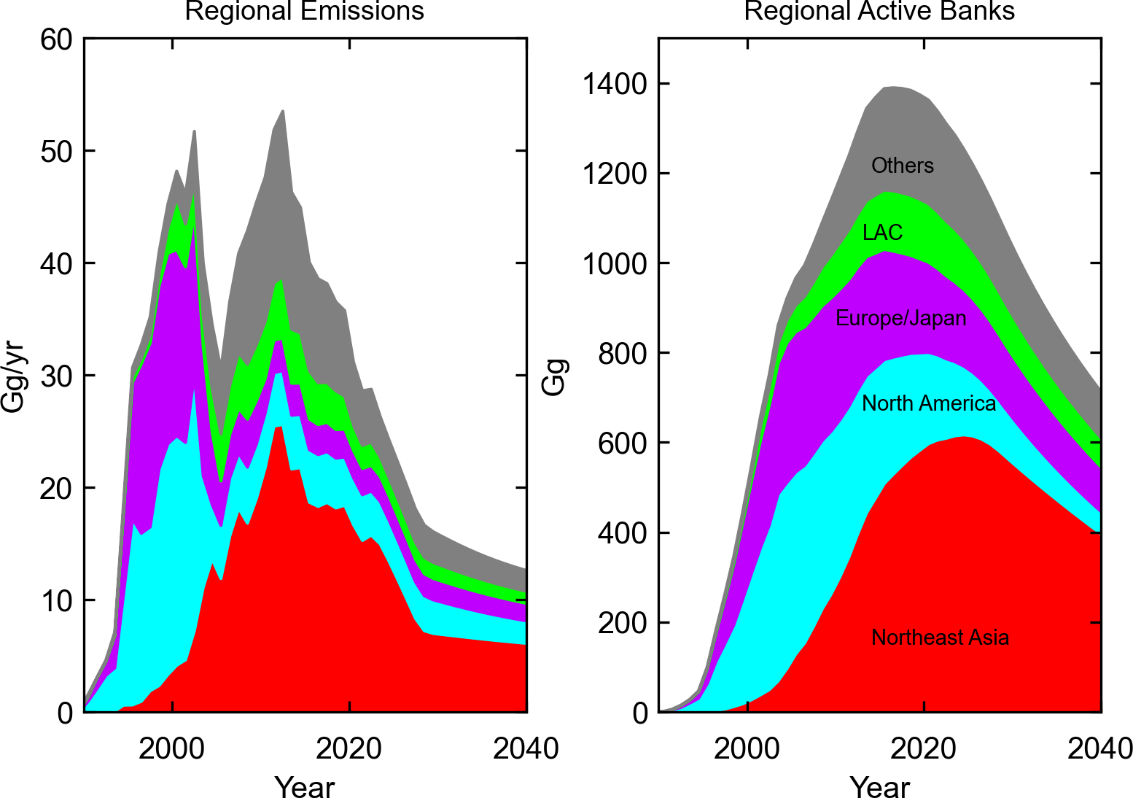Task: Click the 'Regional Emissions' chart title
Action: tap(304, 11)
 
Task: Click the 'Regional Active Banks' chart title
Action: tap(879, 11)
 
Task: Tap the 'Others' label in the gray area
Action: tap(903, 166)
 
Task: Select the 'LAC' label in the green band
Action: tap(882, 233)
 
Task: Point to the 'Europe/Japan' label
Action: tap(900, 318)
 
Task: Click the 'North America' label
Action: tap(929, 403)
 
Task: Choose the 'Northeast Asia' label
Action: tap(940, 638)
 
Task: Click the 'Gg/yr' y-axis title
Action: tap(13, 377)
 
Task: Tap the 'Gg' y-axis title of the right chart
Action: tap(555, 377)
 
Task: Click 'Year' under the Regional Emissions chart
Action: tap(304, 787)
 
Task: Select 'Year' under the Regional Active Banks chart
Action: tap(879, 787)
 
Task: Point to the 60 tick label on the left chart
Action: tap(56, 39)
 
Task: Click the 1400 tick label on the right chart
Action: tap(615, 85)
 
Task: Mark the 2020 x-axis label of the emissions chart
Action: tap(349, 748)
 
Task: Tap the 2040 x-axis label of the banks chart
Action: tap(1099, 748)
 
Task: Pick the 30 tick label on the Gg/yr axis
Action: tap(56, 376)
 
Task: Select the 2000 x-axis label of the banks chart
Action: tap(747, 748)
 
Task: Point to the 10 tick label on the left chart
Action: tap(56, 601)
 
